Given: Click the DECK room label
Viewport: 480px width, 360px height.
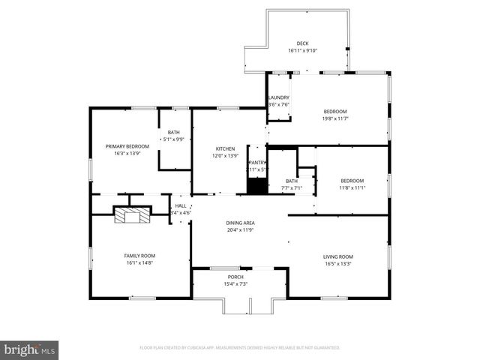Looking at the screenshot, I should tap(302, 43).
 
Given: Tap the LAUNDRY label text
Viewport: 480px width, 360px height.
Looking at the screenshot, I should tap(279, 97).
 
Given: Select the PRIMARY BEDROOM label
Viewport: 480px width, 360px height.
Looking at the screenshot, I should tap(127, 146).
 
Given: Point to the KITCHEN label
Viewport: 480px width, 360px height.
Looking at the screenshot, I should tap(226, 148).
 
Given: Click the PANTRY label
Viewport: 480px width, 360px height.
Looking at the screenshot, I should tap(257, 163).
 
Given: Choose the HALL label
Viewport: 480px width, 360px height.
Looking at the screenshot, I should tap(181, 205).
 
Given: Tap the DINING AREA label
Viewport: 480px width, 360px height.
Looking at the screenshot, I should tap(240, 223).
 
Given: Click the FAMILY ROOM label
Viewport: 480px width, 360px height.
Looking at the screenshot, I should tap(139, 256).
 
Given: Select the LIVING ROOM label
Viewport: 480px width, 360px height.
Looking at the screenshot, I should tap(338, 256).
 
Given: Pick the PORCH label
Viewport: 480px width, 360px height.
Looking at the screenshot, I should tap(239, 277).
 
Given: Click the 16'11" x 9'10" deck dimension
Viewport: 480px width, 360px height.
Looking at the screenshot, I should tap(302, 51).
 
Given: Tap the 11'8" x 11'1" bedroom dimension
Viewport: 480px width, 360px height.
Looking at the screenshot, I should tap(352, 187).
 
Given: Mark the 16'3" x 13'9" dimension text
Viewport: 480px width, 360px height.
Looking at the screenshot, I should tap(127, 154).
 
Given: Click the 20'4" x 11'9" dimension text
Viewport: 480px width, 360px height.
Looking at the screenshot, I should tap(240, 230).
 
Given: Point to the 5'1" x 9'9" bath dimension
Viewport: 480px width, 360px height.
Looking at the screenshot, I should tap(173, 139).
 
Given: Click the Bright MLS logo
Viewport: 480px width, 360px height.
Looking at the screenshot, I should tap(30, 349).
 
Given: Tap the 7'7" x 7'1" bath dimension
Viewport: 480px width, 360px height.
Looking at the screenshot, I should tap(291, 187).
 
